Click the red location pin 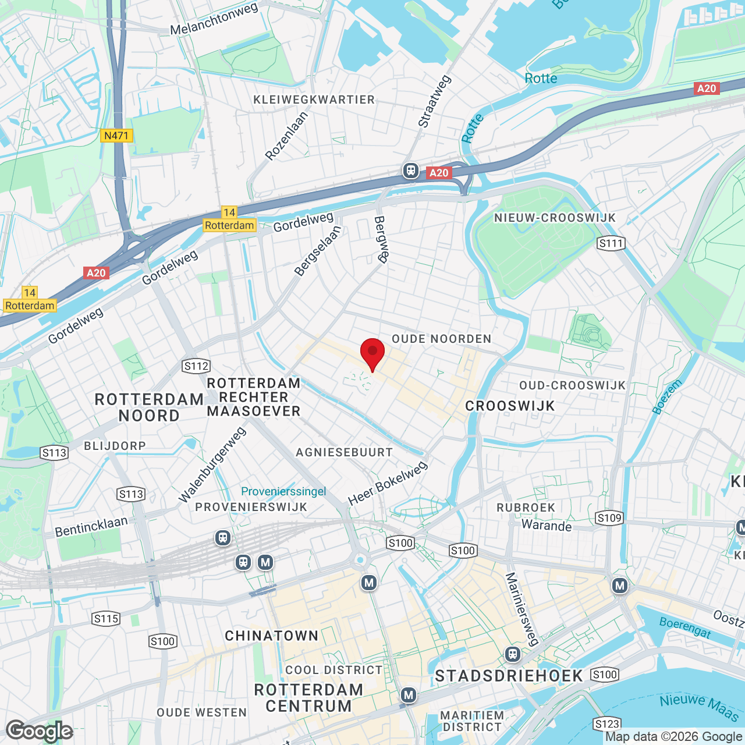tap(372, 353)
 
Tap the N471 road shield tap(116, 136)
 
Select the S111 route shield tap(611, 243)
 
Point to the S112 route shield tap(196, 366)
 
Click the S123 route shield tap(606, 724)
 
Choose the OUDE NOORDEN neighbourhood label tap(441, 339)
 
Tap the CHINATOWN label tap(272, 636)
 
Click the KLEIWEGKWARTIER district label tap(314, 100)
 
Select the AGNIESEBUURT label tap(344, 452)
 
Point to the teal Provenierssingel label tap(283, 491)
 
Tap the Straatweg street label tap(434, 101)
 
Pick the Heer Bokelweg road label tap(388, 483)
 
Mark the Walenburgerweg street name tap(212, 464)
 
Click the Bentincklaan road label tap(91, 526)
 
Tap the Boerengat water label tap(685, 628)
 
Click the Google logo tap(39, 731)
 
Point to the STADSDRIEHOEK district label tap(509, 676)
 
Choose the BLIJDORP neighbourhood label tap(115, 446)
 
